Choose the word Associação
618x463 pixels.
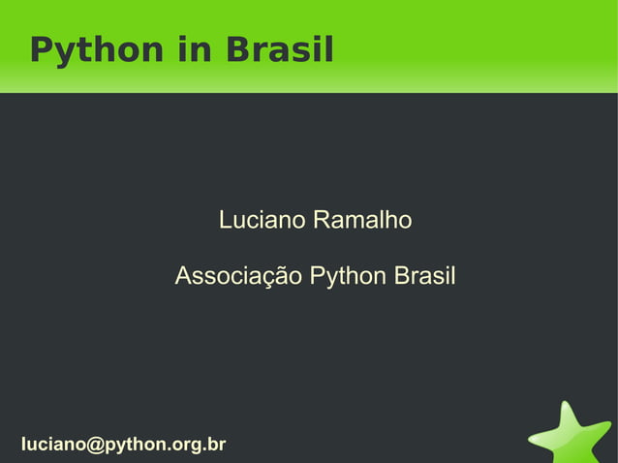click(238, 277)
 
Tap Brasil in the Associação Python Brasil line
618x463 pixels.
click(424, 277)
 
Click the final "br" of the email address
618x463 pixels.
click(217, 445)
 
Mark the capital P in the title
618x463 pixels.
click(40, 49)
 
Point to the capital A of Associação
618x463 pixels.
click(183, 277)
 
